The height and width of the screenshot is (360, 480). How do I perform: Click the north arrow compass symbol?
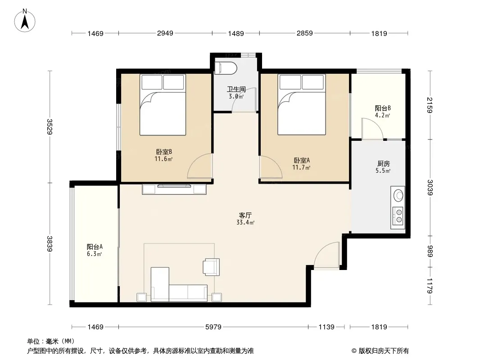[x=25, y=20]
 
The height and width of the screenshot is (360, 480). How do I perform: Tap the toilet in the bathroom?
[x=226, y=68]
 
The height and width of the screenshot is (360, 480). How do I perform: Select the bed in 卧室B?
[x=163, y=104]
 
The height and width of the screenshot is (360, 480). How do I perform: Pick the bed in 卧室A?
[x=302, y=104]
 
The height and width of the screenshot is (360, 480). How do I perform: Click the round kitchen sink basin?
[x=398, y=195]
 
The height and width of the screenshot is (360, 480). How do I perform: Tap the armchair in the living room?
[x=211, y=267]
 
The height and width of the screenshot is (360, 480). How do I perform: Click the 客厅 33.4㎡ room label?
[x=245, y=219]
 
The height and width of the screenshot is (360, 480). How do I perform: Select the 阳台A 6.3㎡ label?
[x=95, y=250]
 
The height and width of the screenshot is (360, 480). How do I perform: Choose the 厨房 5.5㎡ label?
[x=383, y=167]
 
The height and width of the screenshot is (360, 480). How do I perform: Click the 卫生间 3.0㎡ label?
[x=236, y=93]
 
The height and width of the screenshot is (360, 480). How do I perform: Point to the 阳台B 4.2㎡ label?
[x=383, y=112]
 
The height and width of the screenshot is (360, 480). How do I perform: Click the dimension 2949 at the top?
[x=165, y=33]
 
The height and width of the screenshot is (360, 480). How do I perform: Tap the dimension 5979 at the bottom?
[x=213, y=327]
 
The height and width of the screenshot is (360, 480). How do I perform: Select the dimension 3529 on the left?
[x=50, y=126]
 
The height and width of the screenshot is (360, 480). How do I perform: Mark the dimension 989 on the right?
[x=430, y=251]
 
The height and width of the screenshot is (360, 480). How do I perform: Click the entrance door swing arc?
[x=322, y=250]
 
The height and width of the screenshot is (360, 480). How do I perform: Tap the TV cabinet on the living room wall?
[x=174, y=189]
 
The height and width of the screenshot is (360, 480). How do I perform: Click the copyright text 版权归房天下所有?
[x=383, y=351]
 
